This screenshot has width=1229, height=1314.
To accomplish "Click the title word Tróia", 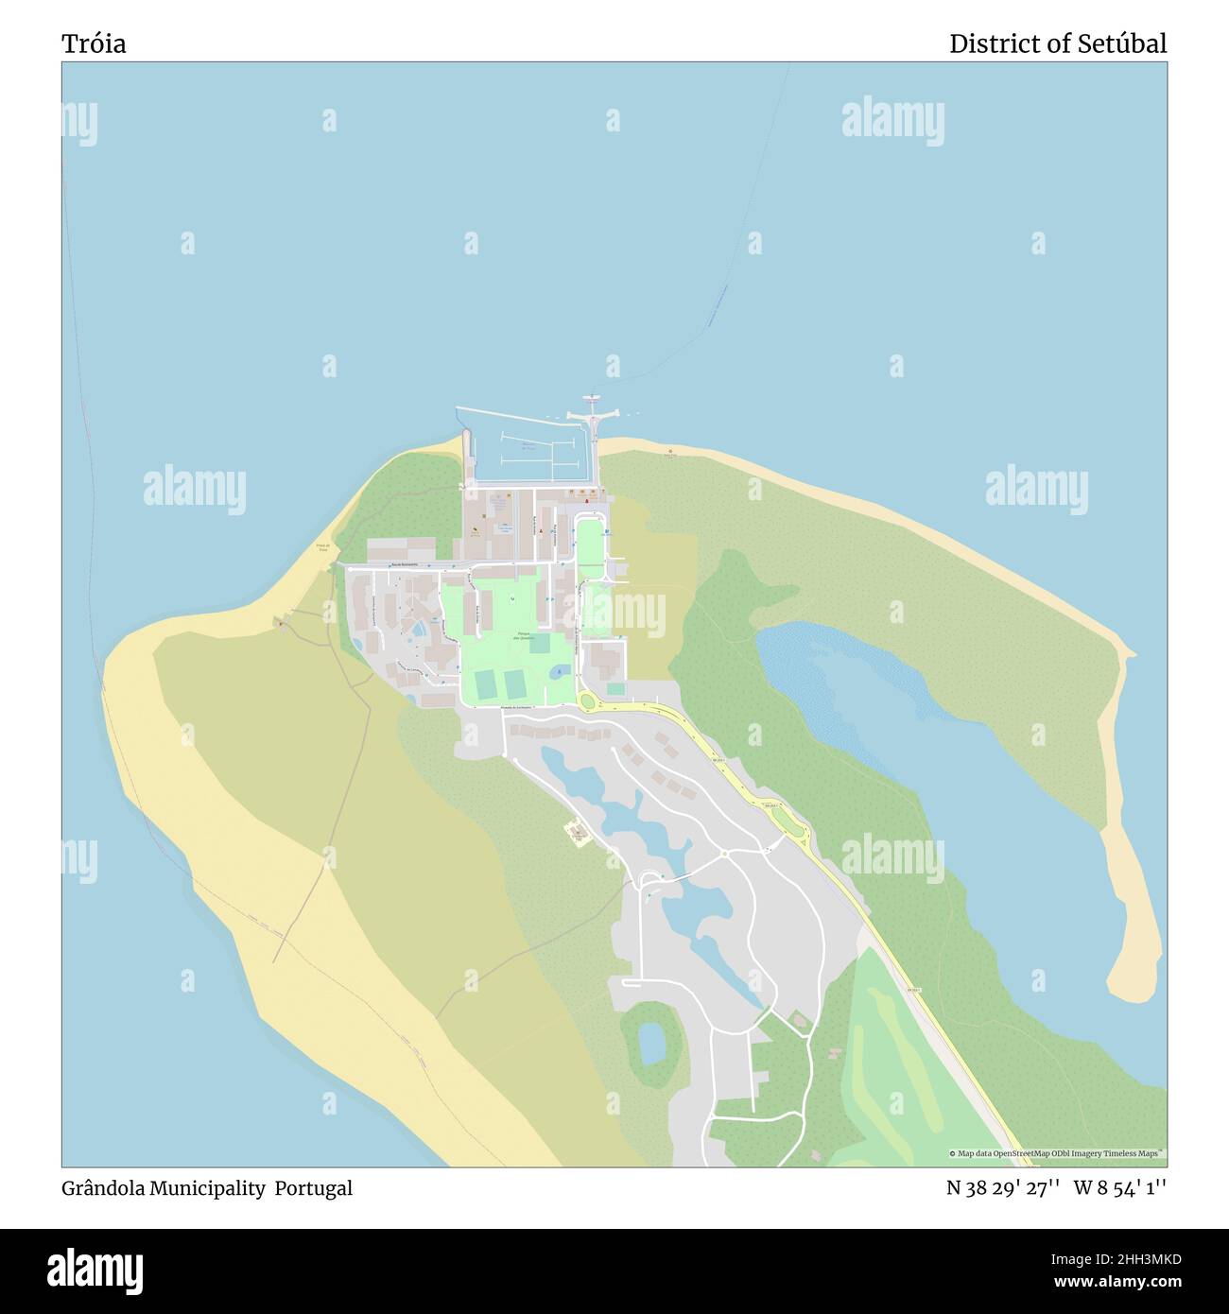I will pos(94,43).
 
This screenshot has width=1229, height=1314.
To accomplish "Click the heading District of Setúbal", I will pos(1057,43).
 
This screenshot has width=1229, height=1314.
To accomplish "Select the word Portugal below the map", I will pos(314,1188).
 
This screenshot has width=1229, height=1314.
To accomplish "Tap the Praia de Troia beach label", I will pos(323,547).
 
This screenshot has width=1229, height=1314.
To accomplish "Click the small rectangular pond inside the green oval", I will pos(651,1043).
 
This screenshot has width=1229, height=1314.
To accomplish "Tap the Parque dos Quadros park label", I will pos(523,635).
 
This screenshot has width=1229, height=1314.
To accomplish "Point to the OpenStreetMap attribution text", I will pos(1057,1153).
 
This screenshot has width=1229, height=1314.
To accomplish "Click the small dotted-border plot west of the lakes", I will pos(577,832).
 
